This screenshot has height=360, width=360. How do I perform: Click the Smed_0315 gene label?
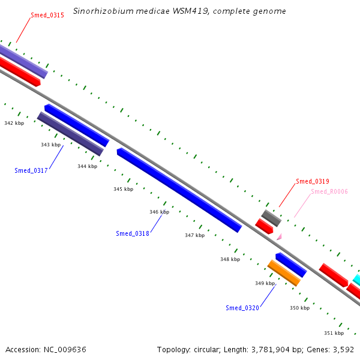(x=47, y=15)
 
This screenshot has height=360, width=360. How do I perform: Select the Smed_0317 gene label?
(x=31, y=170)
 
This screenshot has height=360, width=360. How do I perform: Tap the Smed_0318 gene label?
(x=133, y=233)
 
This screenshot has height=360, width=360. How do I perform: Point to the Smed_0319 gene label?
(x=313, y=181)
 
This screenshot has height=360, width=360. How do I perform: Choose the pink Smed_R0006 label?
(x=329, y=191)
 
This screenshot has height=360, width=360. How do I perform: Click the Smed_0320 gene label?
(x=242, y=308)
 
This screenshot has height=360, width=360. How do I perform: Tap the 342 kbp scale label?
(x=14, y=123)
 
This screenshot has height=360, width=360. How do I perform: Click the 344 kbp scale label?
(x=87, y=166)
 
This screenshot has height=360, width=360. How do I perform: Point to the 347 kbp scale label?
(x=194, y=235)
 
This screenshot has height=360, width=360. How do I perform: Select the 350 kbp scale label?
(x=299, y=308)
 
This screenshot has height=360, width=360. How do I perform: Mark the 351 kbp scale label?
(x=334, y=333)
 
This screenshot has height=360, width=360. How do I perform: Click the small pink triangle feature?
(x=280, y=237)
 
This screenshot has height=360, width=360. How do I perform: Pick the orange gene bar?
(x=284, y=273)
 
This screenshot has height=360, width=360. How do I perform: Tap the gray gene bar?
(x=271, y=218)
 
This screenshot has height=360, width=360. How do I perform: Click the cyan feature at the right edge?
(x=356, y=280)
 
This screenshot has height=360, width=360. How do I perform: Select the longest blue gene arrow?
(x=179, y=190)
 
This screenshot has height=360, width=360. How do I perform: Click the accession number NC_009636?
(x=65, y=350)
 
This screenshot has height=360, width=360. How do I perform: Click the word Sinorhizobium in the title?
(x=103, y=11)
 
